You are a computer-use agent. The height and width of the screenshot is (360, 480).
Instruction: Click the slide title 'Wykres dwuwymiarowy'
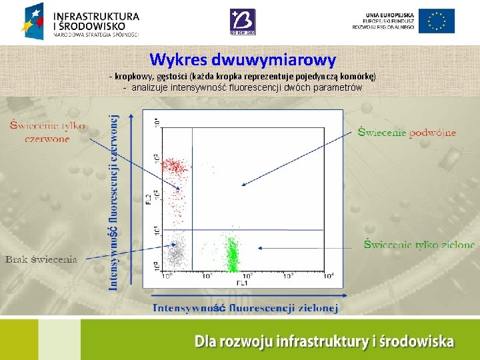coord(243,60)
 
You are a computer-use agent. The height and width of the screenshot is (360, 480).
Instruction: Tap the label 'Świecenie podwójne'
coord(407,132)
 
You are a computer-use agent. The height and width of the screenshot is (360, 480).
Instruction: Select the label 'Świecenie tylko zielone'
coord(419,245)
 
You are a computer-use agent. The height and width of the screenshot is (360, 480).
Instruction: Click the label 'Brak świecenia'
coord(41,259)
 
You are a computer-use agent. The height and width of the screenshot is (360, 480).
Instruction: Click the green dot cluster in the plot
coord(232,254)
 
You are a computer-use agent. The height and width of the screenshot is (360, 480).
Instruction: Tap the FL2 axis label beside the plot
coord(149,199)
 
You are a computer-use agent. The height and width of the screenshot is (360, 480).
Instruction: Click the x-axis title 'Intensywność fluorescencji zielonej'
coord(245,307)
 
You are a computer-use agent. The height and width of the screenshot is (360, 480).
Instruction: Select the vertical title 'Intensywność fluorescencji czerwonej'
coord(113,201)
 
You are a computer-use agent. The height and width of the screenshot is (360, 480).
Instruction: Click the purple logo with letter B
coord(241,21)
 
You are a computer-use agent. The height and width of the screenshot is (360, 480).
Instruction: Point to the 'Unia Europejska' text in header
coord(389,15)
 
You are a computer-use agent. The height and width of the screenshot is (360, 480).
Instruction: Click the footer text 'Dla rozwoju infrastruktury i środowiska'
coord(324,342)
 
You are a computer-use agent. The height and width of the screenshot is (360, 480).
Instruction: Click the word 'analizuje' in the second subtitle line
coord(150,87)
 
